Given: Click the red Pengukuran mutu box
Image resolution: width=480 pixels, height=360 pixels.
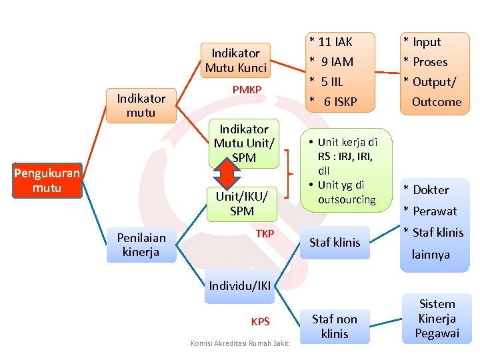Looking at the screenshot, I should tap(47, 181).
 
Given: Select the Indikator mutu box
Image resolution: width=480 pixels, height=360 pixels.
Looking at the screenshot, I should tap(141, 106).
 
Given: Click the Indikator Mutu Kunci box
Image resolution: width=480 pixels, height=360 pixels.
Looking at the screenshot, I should tap(235, 60).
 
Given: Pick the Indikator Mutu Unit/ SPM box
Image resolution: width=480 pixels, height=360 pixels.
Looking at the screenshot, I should tap(243, 143).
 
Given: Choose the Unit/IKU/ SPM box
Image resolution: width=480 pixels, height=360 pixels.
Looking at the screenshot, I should tap(241, 203).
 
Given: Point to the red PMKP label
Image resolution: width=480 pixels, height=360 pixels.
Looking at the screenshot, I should tap(247, 90).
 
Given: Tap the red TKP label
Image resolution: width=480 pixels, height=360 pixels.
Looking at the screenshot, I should tap(265, 234).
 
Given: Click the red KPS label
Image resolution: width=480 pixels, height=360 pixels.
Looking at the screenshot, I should tap(260, 322).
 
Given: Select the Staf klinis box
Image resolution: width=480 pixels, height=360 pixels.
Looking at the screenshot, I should tap(335, 243).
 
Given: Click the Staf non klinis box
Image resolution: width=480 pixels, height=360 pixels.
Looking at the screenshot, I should tap(335, 326).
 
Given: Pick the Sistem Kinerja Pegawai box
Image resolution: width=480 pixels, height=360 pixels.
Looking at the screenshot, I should tap(437, 319).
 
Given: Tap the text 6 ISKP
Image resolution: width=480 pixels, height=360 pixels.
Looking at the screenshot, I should tap(340, 102).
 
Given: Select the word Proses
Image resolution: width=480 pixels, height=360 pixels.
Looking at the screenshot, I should tap(430, 62).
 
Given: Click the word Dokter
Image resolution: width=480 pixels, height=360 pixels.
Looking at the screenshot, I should tap(431, 190).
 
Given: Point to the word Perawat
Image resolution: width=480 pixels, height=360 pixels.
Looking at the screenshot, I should tap(435, 211).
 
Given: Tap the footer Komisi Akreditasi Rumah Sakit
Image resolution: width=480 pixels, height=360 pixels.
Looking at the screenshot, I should tap(239, 343).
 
